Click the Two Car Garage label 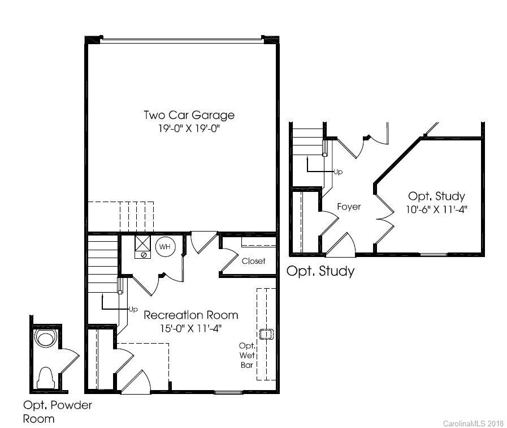(x=189, y=115)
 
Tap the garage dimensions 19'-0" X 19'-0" (x=189, y=129)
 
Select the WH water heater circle (x=164, y=247)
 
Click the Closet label (x=253, y=261)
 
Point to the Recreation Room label (x=190, y=315)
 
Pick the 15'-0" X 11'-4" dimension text (x=190, y=327)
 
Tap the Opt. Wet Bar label (x=247, y=355)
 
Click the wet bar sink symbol (x=265, y=334)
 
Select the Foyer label (x=349, y=207)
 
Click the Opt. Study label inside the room (x=436, y=196)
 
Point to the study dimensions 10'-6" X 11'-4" (x=436, y=209)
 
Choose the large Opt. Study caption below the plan (x=320, y=271)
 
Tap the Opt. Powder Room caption (x=57, y=412)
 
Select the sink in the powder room (x=45, y=339)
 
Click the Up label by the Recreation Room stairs (x=133, y=309)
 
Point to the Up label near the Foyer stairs (x=338, y=172)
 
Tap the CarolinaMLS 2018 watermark (x=473, y=423)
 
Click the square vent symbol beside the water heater (x=142, y=245)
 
